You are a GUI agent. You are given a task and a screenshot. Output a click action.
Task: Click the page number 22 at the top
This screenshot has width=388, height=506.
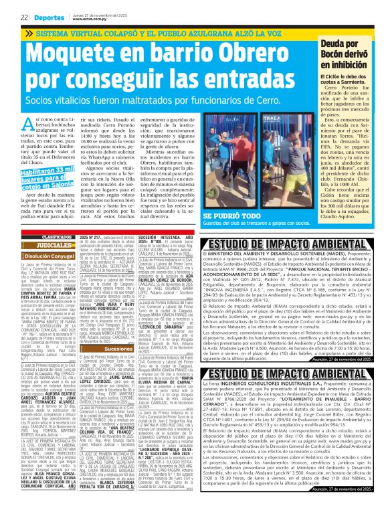[24, 16]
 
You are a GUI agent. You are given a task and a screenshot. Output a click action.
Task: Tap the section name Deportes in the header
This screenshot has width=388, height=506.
[49, 16]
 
